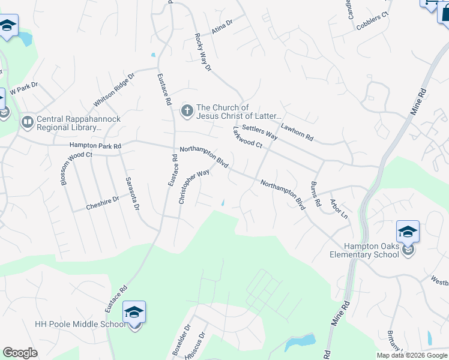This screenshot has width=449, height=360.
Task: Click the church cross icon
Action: [x=187, y=111]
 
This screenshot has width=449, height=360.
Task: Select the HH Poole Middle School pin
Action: [x=134, y=313]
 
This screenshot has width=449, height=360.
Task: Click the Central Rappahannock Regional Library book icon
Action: [x=27, y=123]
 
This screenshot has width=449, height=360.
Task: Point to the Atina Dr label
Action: [x=221, y=26]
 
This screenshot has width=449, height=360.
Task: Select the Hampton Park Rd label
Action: [x=95, y=146]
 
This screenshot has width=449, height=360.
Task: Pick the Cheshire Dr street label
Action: [x=95, y=203]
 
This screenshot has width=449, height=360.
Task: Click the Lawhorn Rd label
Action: [x=297, y=133]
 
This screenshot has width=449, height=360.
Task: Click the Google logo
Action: [x=20, y=352]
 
